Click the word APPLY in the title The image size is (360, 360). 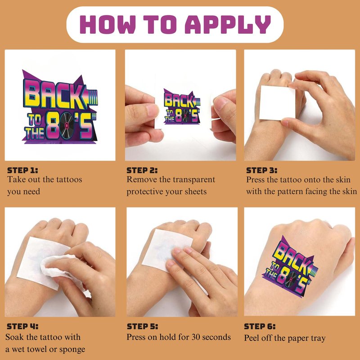(228, 25)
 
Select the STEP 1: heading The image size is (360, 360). (22, 171)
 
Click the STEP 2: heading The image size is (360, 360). (142, 171)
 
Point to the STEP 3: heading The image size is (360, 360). (262, 171)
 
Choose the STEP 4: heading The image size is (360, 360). (22, 326)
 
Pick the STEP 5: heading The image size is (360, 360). (142, 326)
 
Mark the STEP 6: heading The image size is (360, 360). (260, 326)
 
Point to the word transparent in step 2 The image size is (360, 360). (194, 180)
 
